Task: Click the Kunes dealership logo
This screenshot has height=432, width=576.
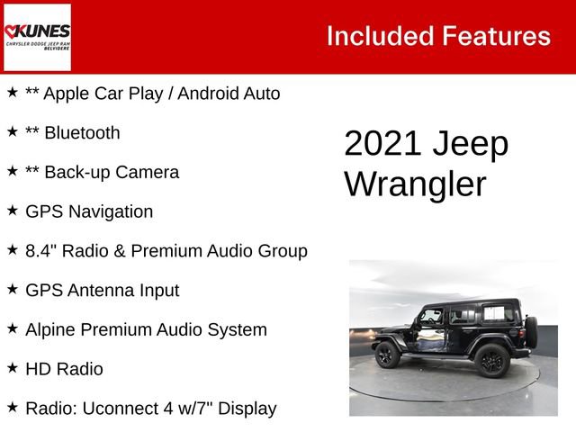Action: click(37, 37)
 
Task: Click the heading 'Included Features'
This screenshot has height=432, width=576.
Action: click(438, 36)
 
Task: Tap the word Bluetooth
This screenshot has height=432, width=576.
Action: click(81, 133)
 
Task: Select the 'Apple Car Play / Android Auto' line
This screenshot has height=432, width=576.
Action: click(152, 94)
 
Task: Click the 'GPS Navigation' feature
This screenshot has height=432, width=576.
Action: click(89, 211)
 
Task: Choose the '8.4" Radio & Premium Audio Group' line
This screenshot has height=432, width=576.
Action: click(166, 251)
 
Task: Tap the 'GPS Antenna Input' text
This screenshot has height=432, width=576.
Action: click(102, 291)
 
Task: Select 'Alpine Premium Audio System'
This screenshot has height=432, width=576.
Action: click(146, 329)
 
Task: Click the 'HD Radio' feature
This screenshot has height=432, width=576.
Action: click(64, 369)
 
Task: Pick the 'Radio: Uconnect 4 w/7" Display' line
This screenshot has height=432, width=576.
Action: click(150, 409)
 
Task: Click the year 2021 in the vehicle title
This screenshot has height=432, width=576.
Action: click(379, 145)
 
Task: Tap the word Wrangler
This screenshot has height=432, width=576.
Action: click(415, 184)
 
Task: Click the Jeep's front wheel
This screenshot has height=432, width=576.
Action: click(386, 355)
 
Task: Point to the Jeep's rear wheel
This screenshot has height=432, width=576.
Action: click(491, 360)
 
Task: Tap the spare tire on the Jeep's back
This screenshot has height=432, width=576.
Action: click(531, 332)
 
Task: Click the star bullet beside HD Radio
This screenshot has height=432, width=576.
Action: click(13, 368)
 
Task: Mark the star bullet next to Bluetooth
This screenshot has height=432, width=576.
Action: click(13, 132)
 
